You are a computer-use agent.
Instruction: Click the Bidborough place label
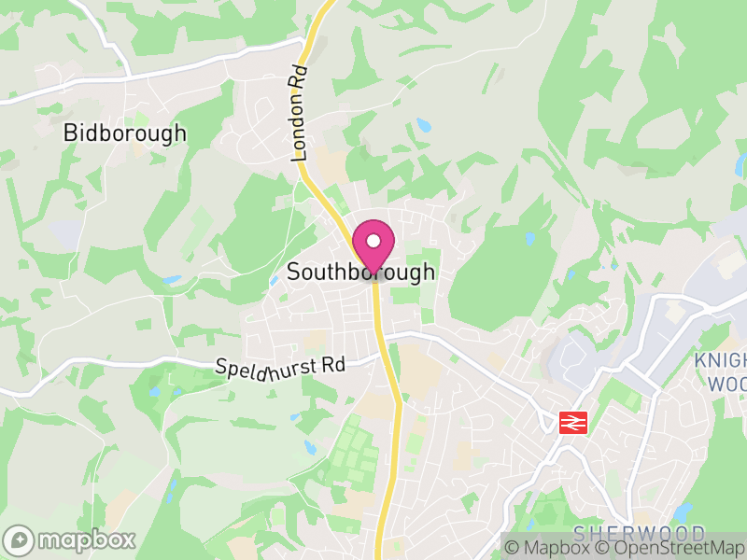click(x=125, y=133)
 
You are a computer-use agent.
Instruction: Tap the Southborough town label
click(x=360, y=273)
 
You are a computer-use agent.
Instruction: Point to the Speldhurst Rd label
click(x=279, y=368)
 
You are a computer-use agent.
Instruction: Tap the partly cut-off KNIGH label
click(x=720, y=361)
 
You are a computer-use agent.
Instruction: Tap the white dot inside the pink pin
click(x=373, y=241)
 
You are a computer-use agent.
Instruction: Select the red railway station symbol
click(x=571, y=422)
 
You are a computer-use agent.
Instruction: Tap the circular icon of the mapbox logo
click(x=19, y=539)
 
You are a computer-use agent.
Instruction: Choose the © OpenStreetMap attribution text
click(x=666, y=549)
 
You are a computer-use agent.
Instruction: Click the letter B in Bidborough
click(x=69, y=133)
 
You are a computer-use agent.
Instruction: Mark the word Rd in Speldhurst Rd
click(x=332, y=363)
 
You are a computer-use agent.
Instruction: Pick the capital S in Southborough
click(x=294, y=273)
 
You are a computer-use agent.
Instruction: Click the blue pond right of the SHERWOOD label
click(x=683, y=513)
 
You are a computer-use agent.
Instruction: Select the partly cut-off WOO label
click(x=726, y=385)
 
